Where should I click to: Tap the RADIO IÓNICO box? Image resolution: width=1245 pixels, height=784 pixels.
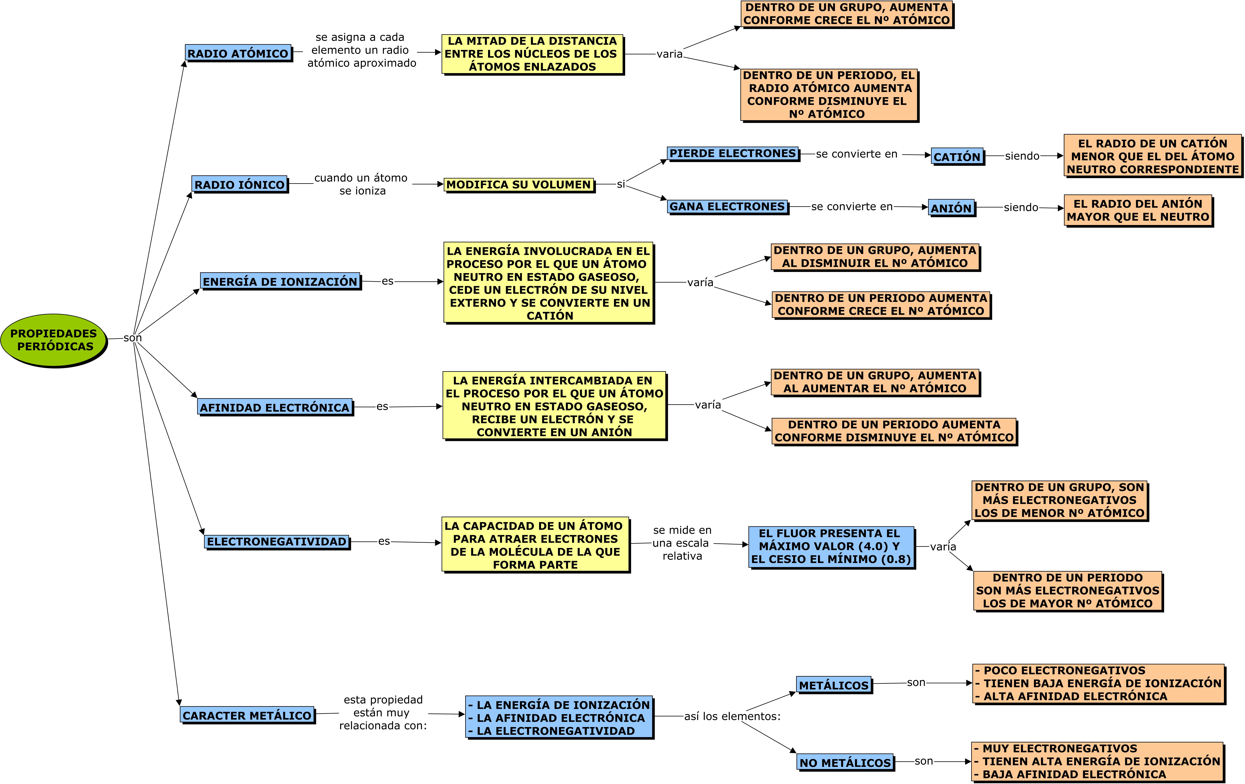point(239,184)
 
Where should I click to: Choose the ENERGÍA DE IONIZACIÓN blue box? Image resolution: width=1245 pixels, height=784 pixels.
point(280,281)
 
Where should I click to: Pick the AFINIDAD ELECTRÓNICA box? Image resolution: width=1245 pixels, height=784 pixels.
point(275,407)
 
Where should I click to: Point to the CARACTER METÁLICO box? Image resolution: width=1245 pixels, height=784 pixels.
point(247,715)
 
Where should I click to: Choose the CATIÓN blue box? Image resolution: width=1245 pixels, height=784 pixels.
point(957,156)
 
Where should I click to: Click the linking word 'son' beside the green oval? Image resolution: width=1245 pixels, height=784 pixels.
point(132,338)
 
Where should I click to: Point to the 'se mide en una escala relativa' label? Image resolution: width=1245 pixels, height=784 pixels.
point(682,543)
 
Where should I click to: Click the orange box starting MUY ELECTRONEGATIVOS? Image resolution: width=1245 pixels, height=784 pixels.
point(1097,761)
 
